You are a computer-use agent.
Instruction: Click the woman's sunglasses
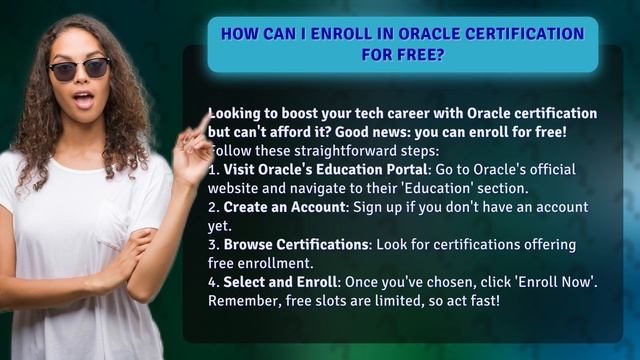tap(79, 69)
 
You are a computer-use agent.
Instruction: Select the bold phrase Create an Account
tap(284, 207)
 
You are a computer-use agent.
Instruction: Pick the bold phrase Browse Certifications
tap(297, 245)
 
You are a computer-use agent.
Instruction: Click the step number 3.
tap(213, 245)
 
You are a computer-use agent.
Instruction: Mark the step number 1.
tap(213, 169)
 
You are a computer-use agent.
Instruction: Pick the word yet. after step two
tap(220, 226)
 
